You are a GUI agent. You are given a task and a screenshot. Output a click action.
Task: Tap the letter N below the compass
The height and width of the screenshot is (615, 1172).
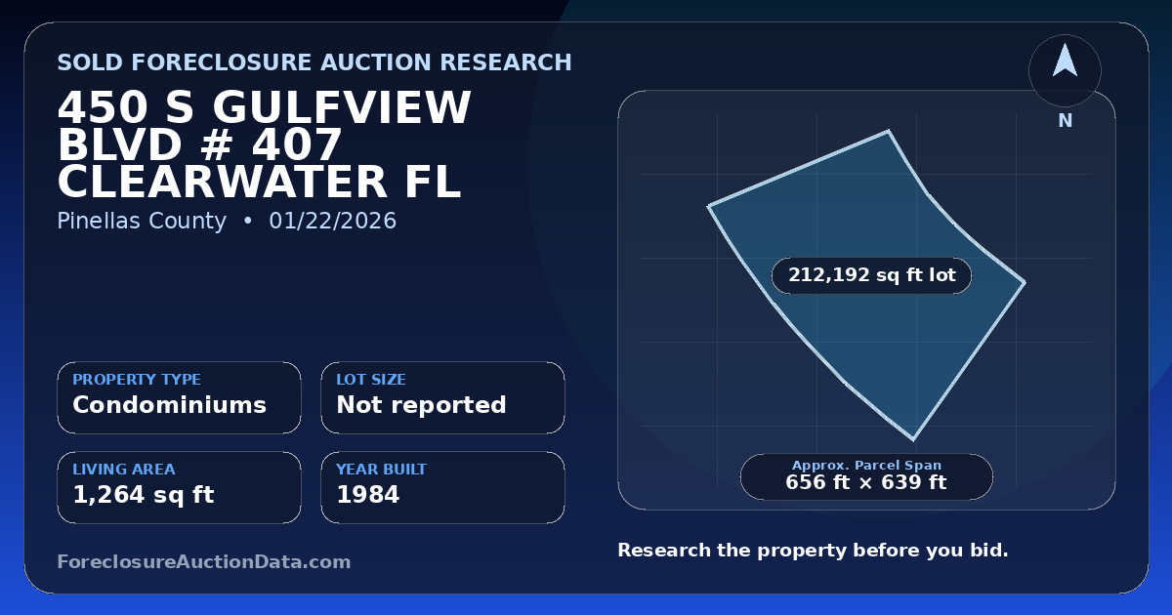point(1066,121)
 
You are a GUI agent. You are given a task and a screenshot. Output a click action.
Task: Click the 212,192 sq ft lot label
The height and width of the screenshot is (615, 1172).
point(871,275)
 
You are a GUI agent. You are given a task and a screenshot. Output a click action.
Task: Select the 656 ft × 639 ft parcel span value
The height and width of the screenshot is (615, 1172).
point(866,482)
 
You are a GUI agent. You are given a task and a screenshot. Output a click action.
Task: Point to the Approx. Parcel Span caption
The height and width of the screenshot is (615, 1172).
point(866,465)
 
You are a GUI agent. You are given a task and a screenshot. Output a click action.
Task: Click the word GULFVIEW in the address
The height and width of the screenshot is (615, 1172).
point(342,107)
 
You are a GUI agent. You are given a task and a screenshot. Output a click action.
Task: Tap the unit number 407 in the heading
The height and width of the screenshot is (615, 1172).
point(297,144)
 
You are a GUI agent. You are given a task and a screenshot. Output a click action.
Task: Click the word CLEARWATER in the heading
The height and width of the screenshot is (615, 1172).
point(222,183)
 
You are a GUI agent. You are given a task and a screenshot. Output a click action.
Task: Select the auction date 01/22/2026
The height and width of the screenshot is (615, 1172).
point(333,221)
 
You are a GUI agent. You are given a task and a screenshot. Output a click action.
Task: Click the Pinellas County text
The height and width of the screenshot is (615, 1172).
point(142,221)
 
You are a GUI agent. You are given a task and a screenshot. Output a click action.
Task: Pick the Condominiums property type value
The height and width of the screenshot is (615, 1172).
point(170,405)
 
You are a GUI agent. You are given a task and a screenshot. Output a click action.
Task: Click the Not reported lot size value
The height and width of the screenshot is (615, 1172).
point(421,405)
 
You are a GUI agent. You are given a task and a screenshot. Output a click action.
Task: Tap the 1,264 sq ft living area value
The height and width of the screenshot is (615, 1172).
point(144,495)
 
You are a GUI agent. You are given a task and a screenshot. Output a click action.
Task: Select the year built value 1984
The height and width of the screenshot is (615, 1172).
point(368,495)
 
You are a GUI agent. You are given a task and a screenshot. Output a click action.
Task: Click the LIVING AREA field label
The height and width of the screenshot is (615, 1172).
point(124,470)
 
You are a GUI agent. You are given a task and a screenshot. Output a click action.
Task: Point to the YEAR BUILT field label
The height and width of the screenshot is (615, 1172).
point(382,470)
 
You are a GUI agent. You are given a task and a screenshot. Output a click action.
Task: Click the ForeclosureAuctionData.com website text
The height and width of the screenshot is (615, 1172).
point(204,561)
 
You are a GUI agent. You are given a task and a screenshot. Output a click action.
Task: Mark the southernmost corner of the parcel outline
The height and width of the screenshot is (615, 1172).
point(913,440)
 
